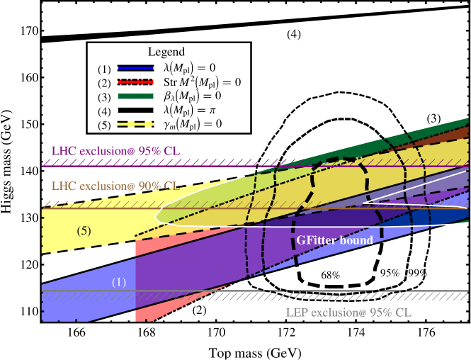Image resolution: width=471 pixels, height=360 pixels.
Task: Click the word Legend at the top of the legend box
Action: (166, 52)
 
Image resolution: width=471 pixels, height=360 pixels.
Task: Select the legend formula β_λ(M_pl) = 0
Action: (193, 96)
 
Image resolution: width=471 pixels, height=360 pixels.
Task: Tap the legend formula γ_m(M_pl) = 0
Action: (193, 124)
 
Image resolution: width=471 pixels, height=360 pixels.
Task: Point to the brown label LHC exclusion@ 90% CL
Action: (114, 186)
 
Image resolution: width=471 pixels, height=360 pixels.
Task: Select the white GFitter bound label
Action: (334, 240)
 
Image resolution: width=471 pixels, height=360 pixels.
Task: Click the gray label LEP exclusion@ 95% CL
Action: (348, 313)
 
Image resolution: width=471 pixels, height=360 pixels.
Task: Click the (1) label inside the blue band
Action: (119, 282)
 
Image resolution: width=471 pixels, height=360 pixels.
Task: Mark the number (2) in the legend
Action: (105, 82)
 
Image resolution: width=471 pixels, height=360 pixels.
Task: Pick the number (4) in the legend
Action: (105, 111)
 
